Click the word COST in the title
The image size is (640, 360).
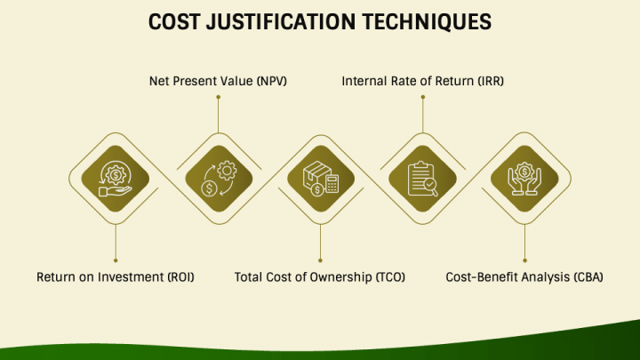point(176,22)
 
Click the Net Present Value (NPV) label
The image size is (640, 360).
point(218,82)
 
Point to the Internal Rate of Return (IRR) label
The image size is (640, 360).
point(423,82)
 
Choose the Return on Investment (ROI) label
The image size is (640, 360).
point(115,277)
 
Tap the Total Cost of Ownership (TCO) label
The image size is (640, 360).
point(320,277)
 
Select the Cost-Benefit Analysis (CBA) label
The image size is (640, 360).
point(524,277)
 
